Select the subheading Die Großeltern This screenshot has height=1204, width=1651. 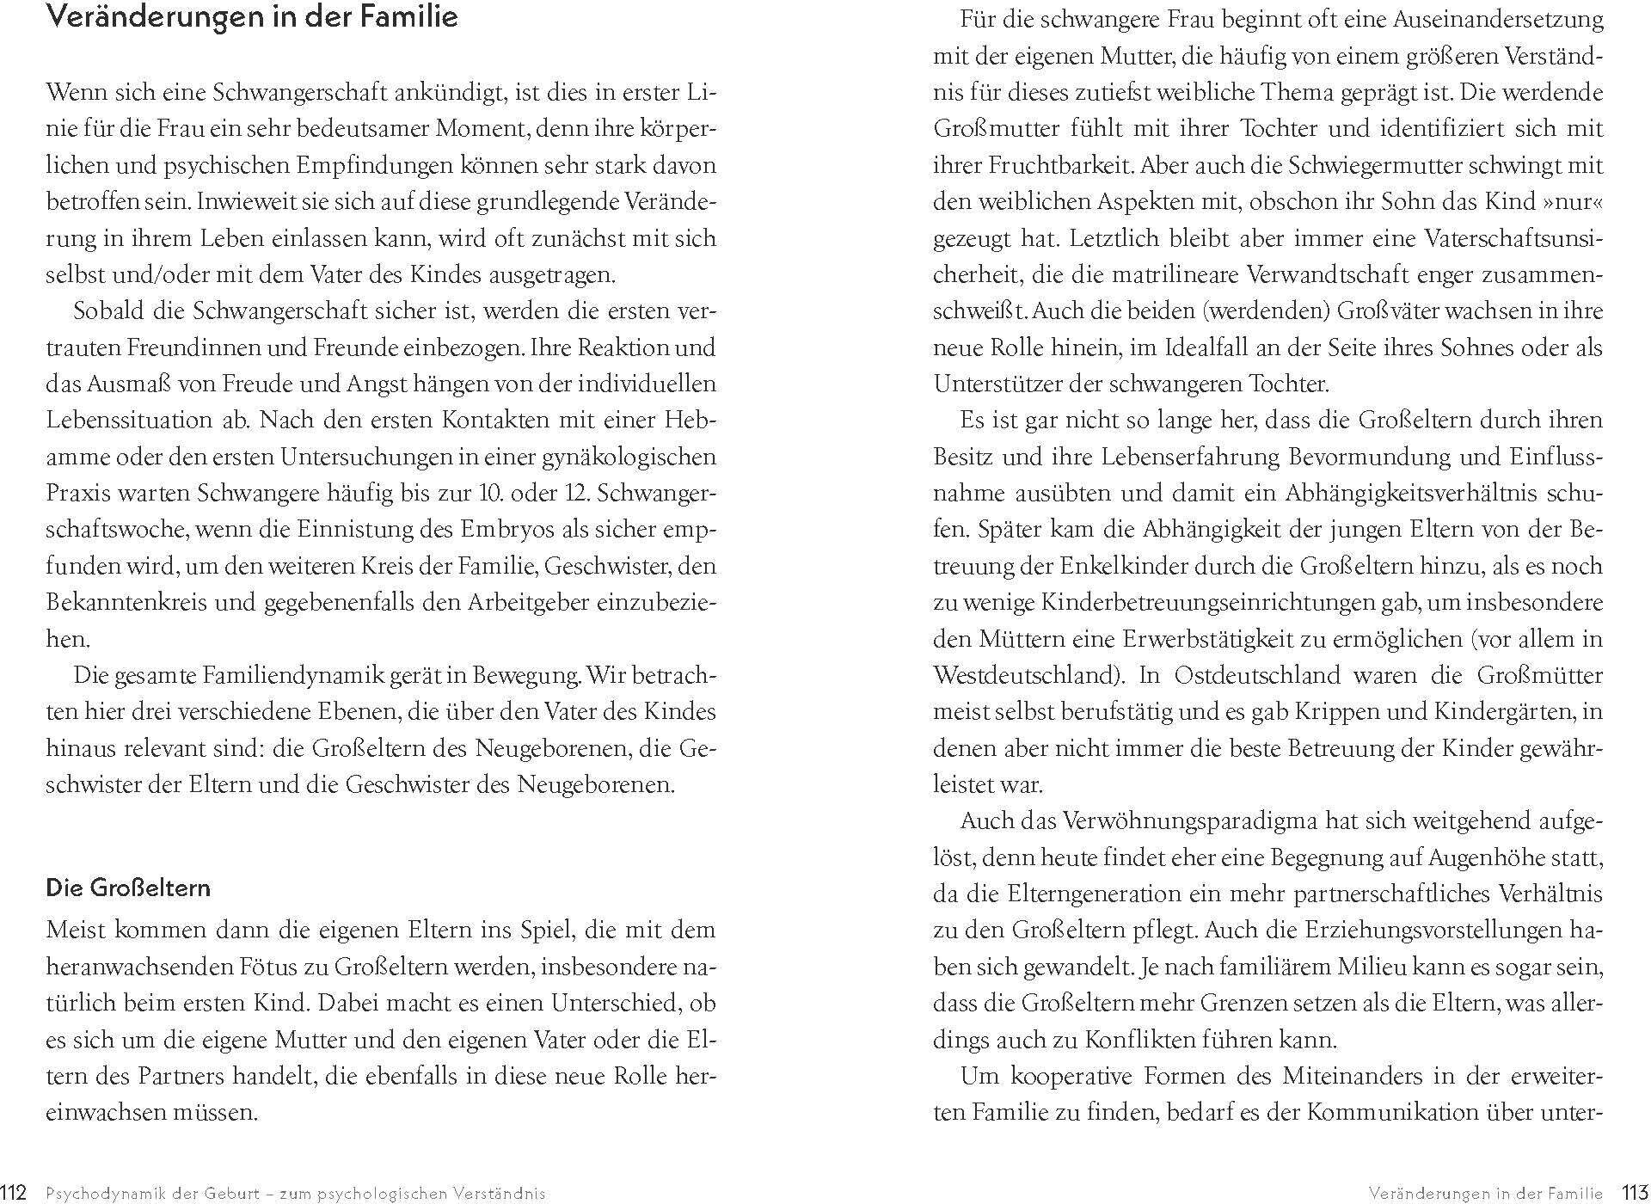[128, 888]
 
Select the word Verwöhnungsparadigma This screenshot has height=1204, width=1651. [1190, 821]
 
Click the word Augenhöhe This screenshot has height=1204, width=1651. [1482, 858]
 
